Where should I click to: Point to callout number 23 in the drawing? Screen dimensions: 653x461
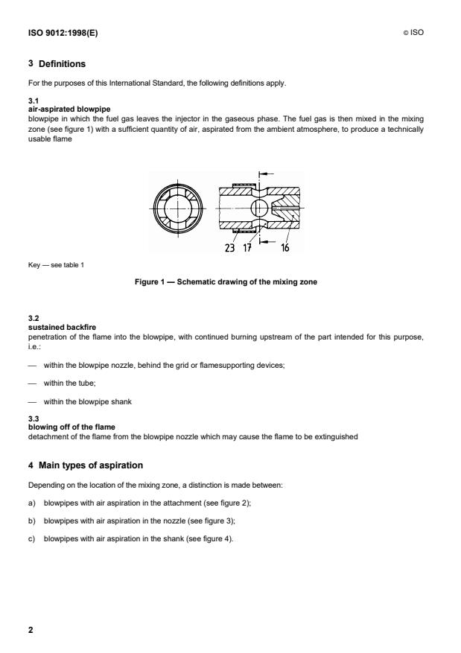(229, 248)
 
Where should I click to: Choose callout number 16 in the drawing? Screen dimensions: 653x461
(284, 248)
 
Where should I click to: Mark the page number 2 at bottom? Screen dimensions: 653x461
(31, 630)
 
